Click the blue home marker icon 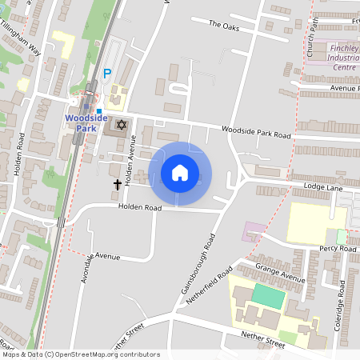180,173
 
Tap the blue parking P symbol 107,74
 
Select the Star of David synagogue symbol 122,125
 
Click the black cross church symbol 118,185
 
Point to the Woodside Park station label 86,122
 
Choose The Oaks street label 224,25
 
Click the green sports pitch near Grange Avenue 267,295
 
